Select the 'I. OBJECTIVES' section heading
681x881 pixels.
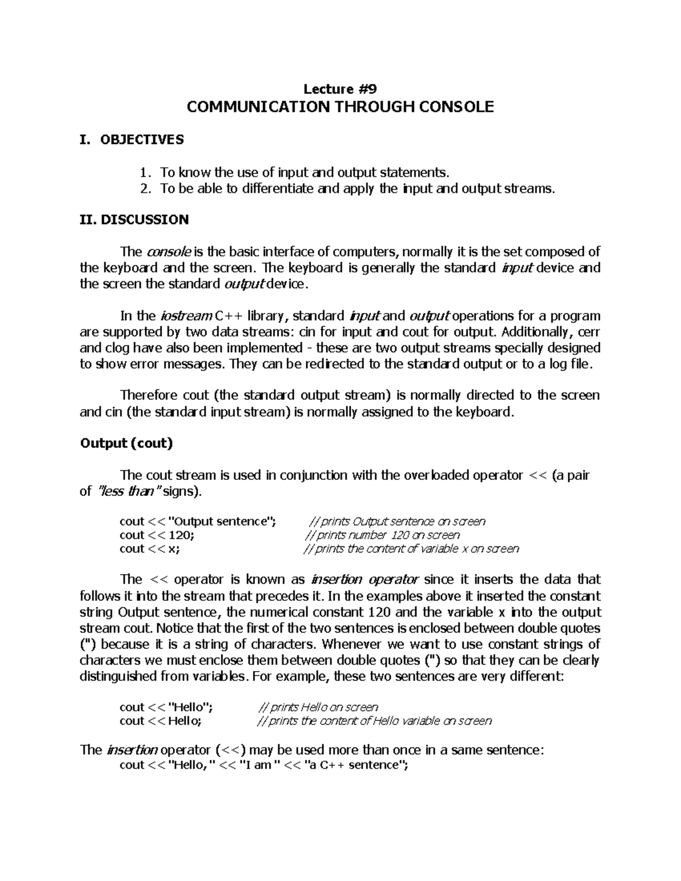click(132, 140)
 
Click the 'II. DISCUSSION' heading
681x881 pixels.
click(134, 220)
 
